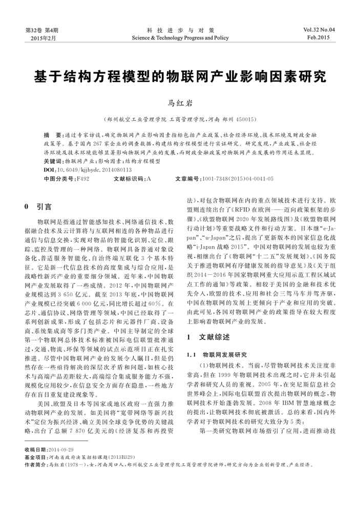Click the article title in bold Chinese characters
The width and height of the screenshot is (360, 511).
[180, 77]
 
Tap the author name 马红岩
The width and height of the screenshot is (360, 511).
[179, 104]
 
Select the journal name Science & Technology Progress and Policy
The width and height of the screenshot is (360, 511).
[180, 37]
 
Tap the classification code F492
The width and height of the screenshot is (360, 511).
[82, 178]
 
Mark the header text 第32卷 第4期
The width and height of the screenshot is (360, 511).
[42, 30]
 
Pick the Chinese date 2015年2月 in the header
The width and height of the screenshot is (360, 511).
[42, 38]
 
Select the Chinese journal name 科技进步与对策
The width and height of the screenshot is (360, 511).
[180, 30]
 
